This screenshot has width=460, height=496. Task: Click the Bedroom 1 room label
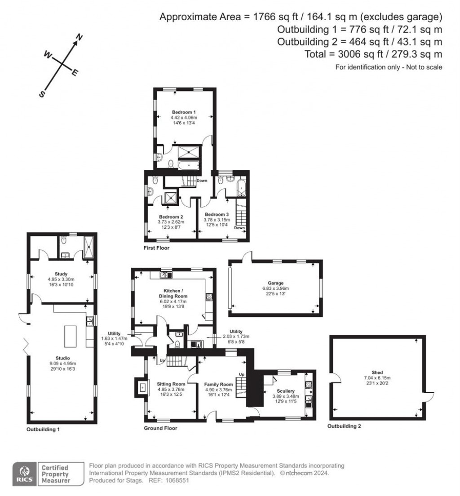tap(184, 112)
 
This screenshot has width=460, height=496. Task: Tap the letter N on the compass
tap(80, 38)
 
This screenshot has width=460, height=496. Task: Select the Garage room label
tap(276, 283)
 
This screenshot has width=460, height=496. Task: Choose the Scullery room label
tap(283, 391)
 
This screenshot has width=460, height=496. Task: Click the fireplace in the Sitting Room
tap(142, 386)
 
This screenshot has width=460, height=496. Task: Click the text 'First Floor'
tap(157, 248)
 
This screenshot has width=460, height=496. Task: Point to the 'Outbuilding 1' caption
tap(43, 430)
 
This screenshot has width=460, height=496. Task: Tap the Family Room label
tap(219, 385)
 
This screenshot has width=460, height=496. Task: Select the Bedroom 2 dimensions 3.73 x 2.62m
tap(171, 222)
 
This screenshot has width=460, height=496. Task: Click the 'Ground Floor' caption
tap(160, 428)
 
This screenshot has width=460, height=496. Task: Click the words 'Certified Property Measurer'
tap(56, 474)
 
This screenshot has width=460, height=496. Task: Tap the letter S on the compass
tap(42, 94)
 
